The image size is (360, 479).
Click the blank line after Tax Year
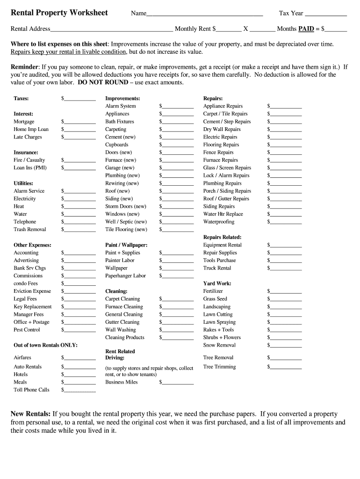click(326, 14)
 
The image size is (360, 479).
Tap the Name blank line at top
click(204, 14)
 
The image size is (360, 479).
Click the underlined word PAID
click(306, 29)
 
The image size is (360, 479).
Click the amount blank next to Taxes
click(79, 99)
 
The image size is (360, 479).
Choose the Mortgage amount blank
click(79, 122)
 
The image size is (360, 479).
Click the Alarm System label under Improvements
click(120, 106)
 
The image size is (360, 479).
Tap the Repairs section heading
click(213, 99)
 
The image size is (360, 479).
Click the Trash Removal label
click(30, 230)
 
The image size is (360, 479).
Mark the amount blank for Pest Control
click(79, 330)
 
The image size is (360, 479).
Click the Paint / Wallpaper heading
click(126, 245)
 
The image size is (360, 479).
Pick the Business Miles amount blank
click(178, 383)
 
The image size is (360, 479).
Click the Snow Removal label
click(219, 345)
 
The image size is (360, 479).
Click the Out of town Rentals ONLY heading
click(45, 345)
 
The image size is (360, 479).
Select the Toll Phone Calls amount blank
click(79, 390)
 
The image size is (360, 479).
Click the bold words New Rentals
click(30, 414)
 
